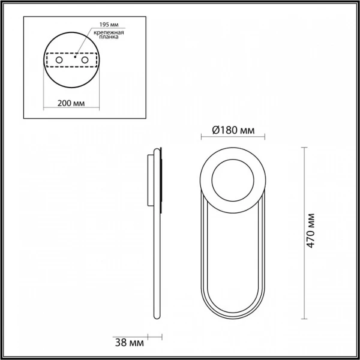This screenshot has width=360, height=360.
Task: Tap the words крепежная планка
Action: coord(109,35)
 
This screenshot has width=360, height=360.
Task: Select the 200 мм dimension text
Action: coord(71,103)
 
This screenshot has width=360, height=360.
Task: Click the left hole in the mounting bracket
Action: coord(59,60)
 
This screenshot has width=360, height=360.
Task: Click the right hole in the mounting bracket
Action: coord(85,60)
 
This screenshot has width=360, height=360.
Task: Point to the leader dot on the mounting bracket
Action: coord(75,57)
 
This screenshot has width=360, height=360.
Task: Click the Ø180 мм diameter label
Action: coord(233,130)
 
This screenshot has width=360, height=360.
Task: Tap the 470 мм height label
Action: coord(310,230)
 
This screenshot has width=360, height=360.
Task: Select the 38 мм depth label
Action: coord(130,343)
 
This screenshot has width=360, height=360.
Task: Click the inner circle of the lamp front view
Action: coord(233,160)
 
